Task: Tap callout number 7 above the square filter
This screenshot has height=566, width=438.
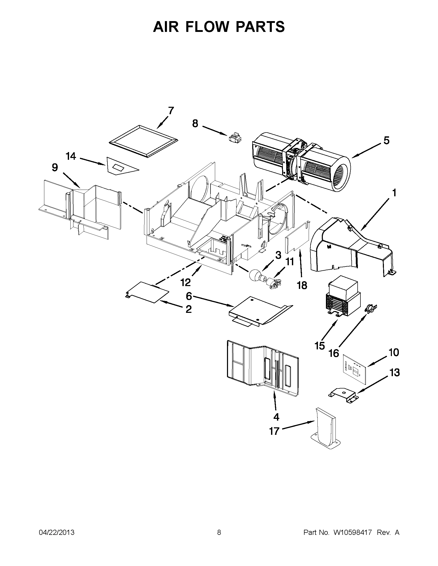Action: (x=171, y=111)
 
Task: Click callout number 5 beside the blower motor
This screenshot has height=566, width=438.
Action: (x=386, y=141)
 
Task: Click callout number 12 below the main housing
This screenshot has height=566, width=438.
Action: (x=186, y=282)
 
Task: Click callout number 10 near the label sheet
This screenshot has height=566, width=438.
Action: (x=394, y=352)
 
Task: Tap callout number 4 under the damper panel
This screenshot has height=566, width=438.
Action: (x=276, y=417)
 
